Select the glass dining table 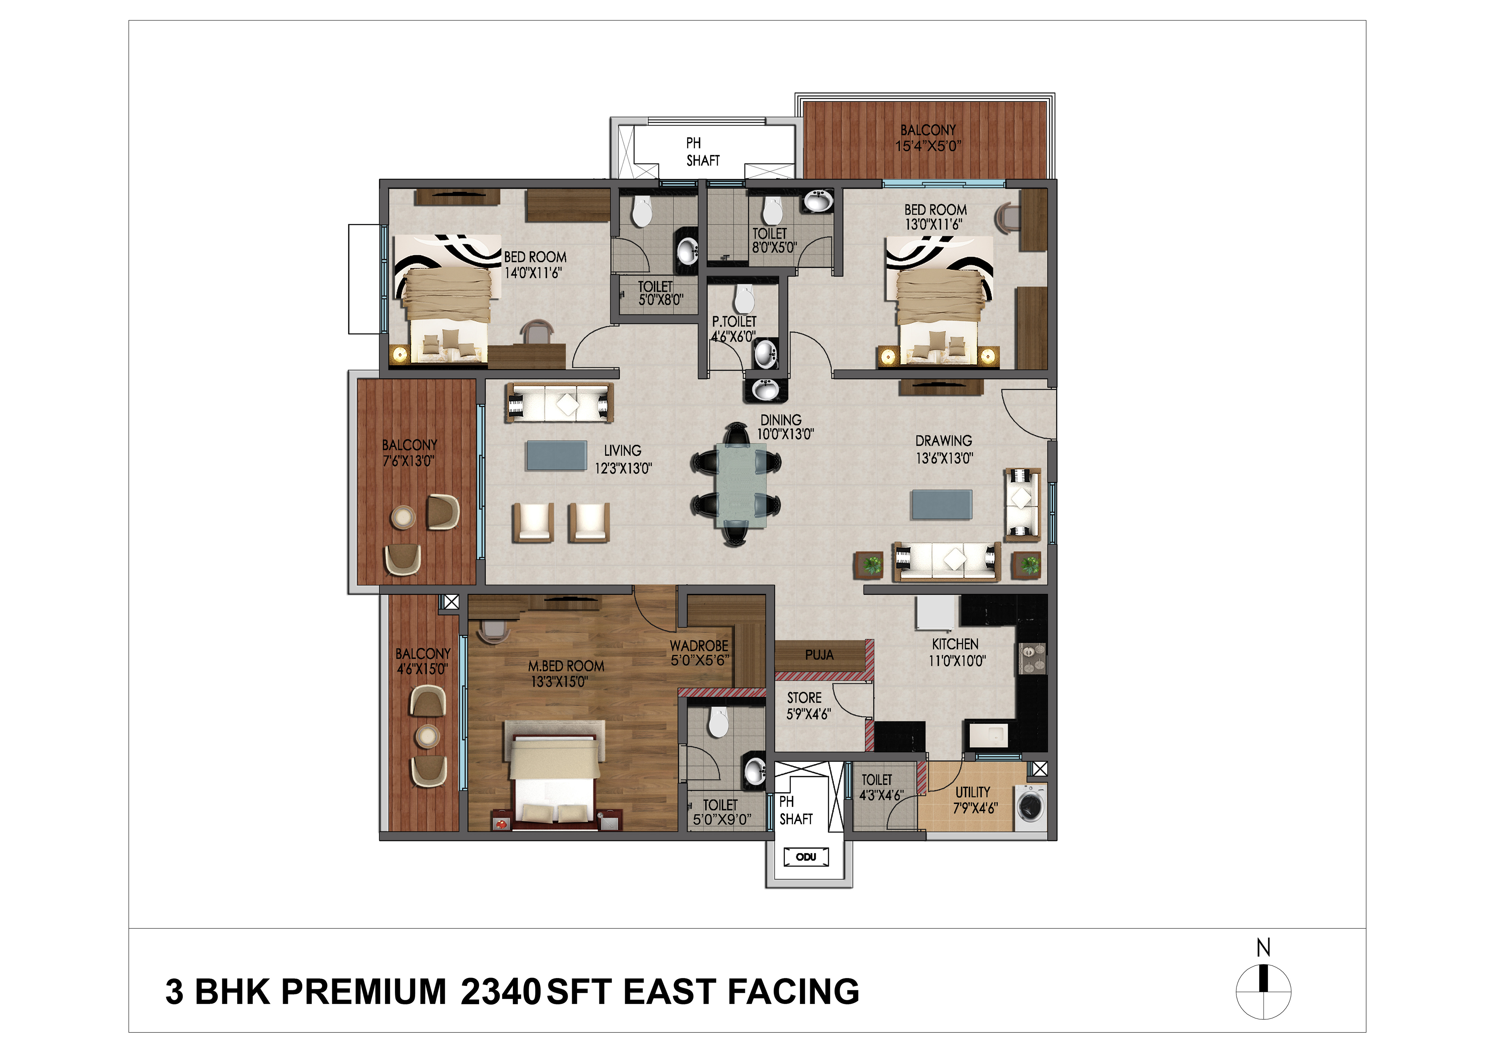click(741, 485)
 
